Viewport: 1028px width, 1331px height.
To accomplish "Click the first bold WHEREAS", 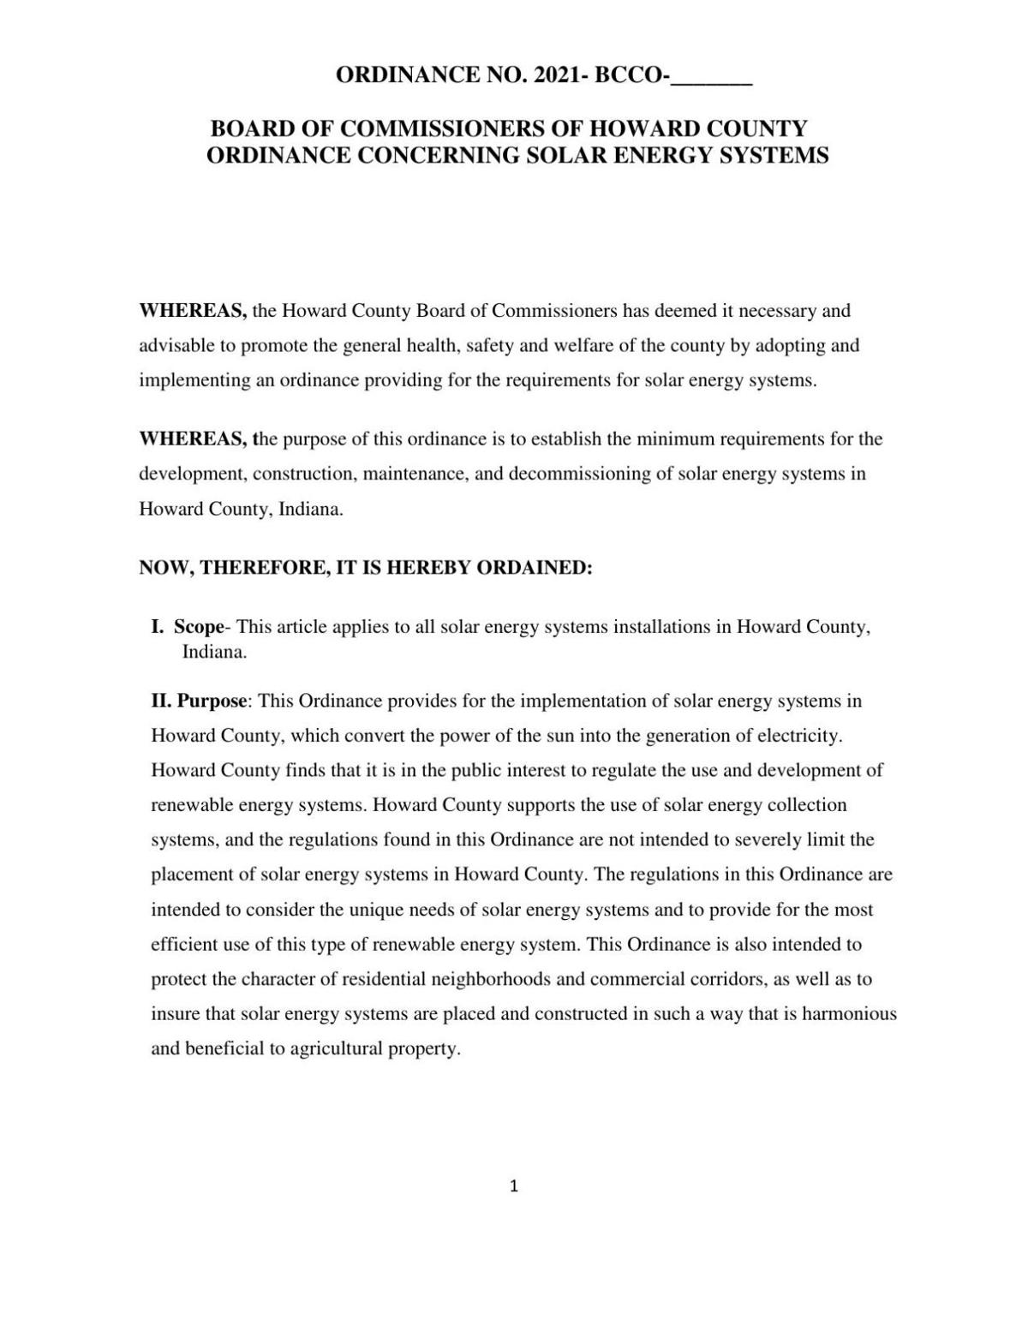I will click(x=193, y=311).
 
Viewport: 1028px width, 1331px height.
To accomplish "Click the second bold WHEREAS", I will click(x=193, y=439).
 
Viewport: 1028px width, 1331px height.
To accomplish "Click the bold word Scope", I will click(x=198, y=627).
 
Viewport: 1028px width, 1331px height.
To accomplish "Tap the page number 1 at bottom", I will click(x=513, y=1186).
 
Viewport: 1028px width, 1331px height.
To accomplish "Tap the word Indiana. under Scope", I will click(x=214, y=652).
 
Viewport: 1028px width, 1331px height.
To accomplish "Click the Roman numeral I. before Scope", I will click(x=157, y=627).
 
